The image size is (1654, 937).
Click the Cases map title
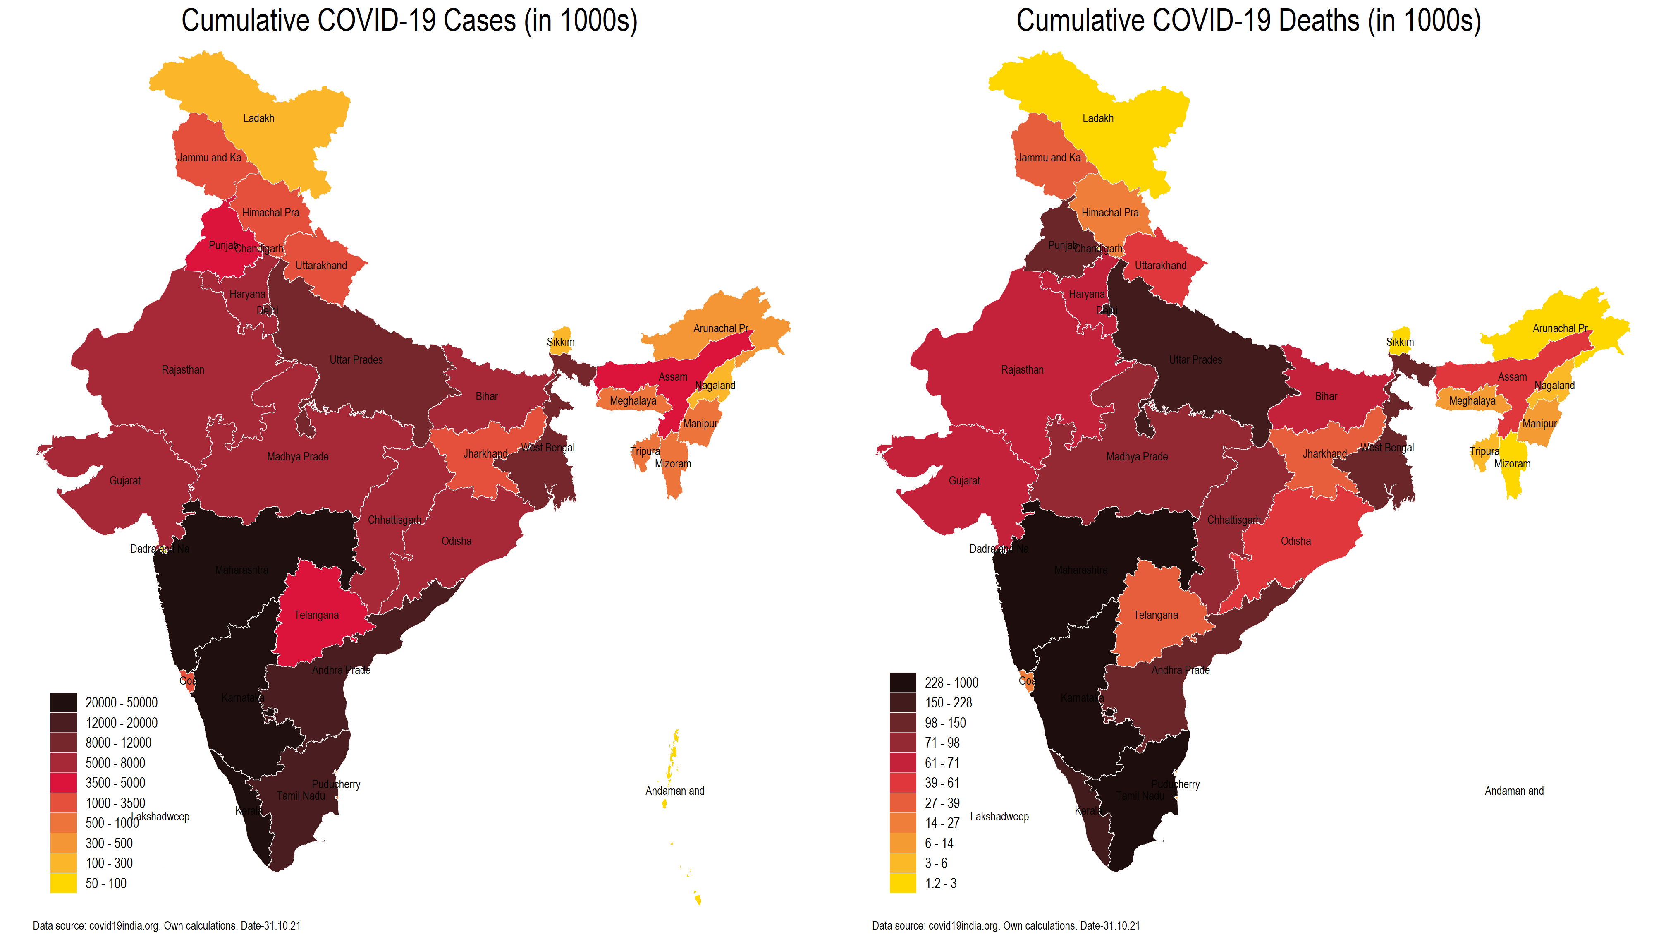pos(409,21)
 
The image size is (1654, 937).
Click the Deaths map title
pos(1248,21)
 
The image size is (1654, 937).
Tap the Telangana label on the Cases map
pos(316,615)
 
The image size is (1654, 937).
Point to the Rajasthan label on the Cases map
pos(183,370)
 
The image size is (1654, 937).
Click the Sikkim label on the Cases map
pos(560,343)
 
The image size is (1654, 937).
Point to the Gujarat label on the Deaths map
pos(964,481)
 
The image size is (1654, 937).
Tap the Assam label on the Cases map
pos(673,377)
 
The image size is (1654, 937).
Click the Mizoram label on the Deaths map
pos(1512,464)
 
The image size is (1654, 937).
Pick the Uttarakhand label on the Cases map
pos(321,266)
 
